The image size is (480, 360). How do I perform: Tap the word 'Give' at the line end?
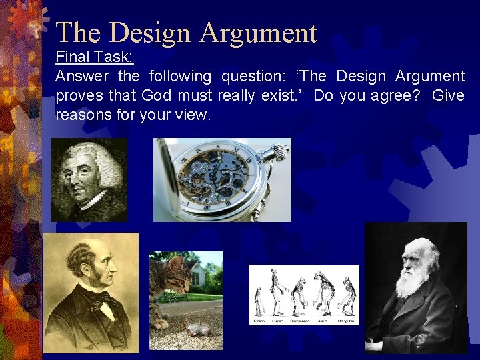coord(447,95)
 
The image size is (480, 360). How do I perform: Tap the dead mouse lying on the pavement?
coord(193,327)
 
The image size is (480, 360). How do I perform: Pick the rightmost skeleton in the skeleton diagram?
coord(349,293)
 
